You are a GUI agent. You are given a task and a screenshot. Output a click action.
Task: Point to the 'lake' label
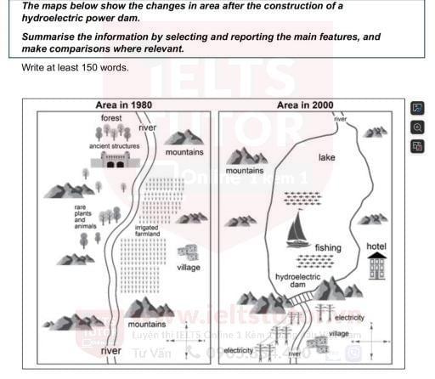327,158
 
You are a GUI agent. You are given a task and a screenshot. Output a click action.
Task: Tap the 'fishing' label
328,248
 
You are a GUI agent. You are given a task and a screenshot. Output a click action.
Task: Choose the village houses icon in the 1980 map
187,252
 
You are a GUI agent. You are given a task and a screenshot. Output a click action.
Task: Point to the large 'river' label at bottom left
110,350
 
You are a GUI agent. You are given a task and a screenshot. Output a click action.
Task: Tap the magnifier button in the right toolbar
417,127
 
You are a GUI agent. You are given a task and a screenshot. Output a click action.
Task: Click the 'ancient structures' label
114,146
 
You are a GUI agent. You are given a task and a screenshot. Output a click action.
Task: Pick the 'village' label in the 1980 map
189,268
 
